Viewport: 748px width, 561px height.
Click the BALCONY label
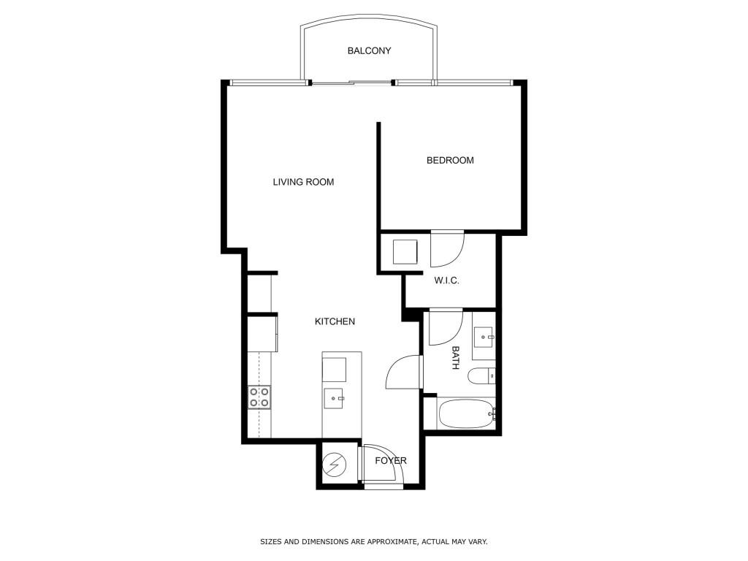click(369, 50)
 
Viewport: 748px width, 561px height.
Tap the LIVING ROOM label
click(303, 182)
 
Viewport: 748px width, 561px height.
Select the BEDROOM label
click(450, 160)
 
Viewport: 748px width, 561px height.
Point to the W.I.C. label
click(446, 280)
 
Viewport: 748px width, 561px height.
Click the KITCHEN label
click(335, 321)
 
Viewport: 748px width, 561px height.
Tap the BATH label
click(456, 358)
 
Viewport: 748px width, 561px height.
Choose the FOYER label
click(391, 460)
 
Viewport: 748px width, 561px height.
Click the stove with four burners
click(259, 397)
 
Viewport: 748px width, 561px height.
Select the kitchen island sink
click(335, 398)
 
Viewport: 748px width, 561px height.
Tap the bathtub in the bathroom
click(467, 414)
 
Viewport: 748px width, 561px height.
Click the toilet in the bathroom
click(481, 376)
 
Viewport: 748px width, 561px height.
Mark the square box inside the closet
click(405, 252)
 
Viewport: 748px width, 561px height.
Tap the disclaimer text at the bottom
click(373, 541)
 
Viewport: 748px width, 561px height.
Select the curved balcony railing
click(369, 18)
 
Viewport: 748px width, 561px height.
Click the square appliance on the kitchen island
click(334, 370)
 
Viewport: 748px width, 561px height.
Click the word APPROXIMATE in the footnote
click(389, 541)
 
